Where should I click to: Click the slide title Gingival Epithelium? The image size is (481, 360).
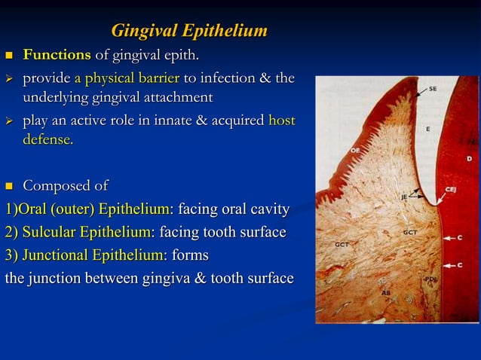(x=188, y=31)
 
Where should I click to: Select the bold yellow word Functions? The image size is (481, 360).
(x=57, y=55)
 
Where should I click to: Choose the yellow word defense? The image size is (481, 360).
(x=47, y=140)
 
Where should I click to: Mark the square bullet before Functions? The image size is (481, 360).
(x=10, y=56)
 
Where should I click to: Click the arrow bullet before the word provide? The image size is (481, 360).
(x=10, y=79)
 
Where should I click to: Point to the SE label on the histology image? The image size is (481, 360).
(x=433, y=89)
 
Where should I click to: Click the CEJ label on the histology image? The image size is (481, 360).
(x=451, y=191)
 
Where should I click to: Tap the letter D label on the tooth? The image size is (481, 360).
(x=469, y=159)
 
